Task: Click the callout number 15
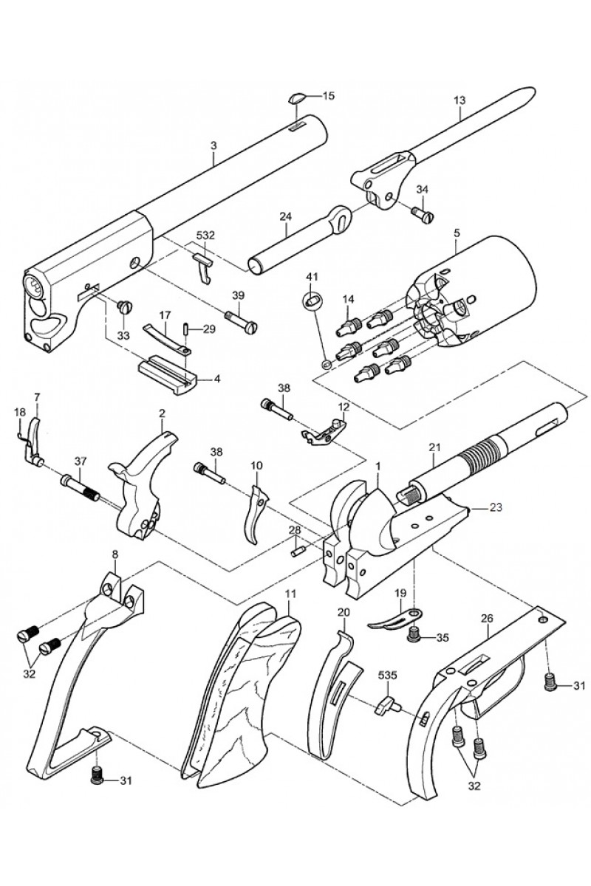(x=329, y=95)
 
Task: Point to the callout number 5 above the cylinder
(x=457, y=233)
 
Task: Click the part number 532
(x=205, y=235)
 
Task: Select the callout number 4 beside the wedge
(x=217, y=378)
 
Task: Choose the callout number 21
(x=434, y=447)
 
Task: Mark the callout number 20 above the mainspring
(x=343, y=612)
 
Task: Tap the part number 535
(x=389, y=675)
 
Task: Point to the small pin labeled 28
(x=297, y=550)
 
